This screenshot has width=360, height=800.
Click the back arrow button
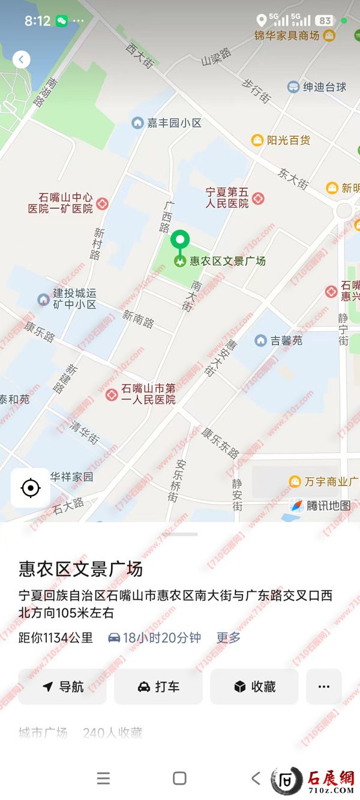[22, 59]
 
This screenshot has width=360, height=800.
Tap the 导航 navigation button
[62, 687]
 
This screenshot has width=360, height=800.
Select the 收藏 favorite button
[254, 687]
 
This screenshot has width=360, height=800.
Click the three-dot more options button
[324, 687]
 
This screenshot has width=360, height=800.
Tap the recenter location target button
[30, 488]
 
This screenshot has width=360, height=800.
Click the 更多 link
[229, 638]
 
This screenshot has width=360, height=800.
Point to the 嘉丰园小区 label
[173, 123]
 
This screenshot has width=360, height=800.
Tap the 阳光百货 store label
[288, 140]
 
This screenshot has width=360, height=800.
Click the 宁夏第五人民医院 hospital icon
[259, 198]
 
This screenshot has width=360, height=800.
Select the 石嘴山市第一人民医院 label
[148, 394]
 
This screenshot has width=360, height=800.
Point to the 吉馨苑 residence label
[286, 341]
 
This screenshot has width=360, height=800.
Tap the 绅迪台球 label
[324, 87]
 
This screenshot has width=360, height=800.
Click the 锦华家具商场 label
[287, 35]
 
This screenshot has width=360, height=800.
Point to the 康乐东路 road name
[220, 442]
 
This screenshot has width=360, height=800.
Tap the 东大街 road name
[293, 178]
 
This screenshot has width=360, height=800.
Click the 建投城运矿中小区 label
[74, 299]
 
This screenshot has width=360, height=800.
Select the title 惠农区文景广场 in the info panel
[81, 569]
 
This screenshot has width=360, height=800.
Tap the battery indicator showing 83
[325, 20]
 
